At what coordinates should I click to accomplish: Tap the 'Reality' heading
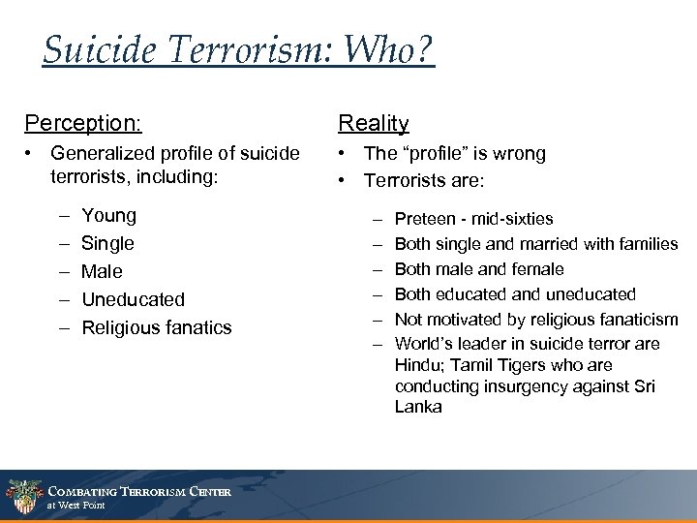click(373, 124)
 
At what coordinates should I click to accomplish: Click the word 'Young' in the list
click(109, 215)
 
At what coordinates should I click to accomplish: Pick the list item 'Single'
click(108, 243)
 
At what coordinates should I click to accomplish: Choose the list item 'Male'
click(103, 271)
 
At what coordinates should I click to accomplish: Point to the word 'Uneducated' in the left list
click(133, 299)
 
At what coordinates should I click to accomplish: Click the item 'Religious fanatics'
click(157, 327)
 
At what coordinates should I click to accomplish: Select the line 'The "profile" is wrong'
click(455, 153)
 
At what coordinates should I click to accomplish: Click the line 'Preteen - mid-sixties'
click(473, 219)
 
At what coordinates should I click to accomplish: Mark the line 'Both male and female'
click(479, 269)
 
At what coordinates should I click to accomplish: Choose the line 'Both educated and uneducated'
click(515, 293)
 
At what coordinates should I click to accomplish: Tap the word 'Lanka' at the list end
click(418, 407)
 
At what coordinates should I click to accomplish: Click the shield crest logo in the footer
click(21, 494)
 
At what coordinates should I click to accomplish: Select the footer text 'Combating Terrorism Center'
click(138, 489)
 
